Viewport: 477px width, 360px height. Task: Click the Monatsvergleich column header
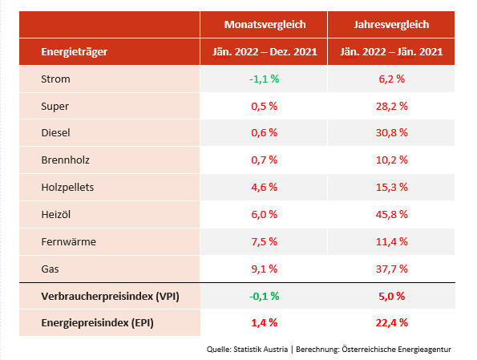(264, 25)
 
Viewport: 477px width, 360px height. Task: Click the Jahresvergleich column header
(392, 25)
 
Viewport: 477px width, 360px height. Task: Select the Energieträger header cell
(75, 52)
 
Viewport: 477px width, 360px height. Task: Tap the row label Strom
(55, 79)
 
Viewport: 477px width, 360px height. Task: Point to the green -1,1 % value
(264, 79)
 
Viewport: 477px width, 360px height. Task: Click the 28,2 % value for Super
(392, 106)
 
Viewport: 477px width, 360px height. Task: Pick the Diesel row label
(57, 133)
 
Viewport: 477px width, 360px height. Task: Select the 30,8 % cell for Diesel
(392, 133)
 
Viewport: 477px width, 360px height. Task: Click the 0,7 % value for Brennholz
(264, 160)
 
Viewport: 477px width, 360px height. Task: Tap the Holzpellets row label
(68, 187)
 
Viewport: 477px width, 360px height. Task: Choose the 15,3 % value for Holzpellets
(392, 187)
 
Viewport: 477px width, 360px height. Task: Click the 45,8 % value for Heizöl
(392, 214)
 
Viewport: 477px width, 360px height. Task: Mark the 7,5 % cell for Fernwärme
(264, 241)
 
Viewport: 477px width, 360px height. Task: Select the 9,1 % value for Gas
(264, 269)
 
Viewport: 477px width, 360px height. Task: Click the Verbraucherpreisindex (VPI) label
(110, 296)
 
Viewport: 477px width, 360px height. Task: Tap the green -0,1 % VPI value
(264, 296)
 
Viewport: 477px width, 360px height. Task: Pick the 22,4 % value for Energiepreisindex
(392, 322)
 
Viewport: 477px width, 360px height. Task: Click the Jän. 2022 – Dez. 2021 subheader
(264, 52)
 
